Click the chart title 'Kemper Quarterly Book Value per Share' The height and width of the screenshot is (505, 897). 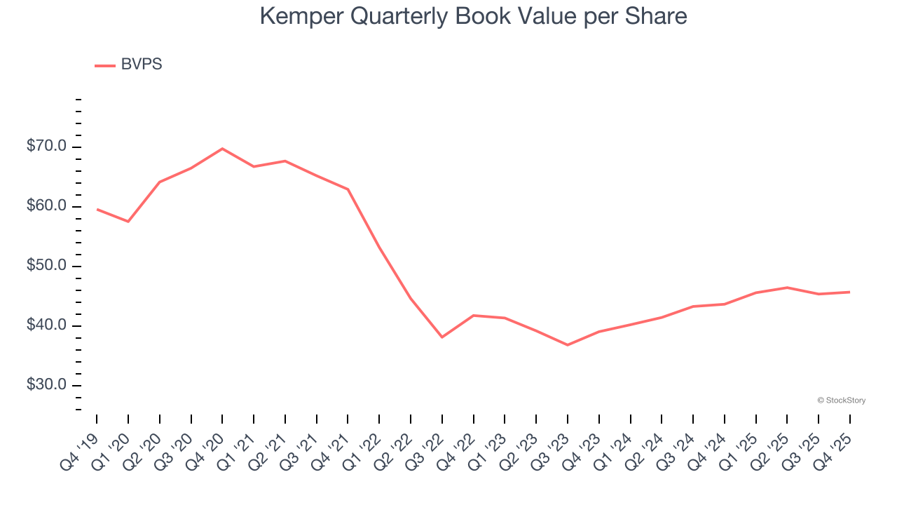click(473, 16)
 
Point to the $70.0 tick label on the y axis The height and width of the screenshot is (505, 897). click(47, 147)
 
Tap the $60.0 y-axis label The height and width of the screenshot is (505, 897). click(47, 206)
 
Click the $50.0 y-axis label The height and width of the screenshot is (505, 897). click(47, 266)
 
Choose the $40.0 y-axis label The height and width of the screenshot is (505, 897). click(47, 325)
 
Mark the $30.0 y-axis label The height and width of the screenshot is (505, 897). click(47, 385)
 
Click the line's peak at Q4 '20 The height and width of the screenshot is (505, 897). click(222, 149)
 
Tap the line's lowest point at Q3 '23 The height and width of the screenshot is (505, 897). click(568, 345)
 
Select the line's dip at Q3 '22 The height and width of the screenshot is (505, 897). click(442, 337)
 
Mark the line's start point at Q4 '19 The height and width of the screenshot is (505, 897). click(97, 209)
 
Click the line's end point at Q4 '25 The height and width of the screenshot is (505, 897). click(850, 292)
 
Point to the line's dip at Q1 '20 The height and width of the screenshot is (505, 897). click(128, 222)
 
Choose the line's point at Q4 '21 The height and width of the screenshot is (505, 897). click(348, 189)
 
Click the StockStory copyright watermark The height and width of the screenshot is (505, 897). click(841, 400)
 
